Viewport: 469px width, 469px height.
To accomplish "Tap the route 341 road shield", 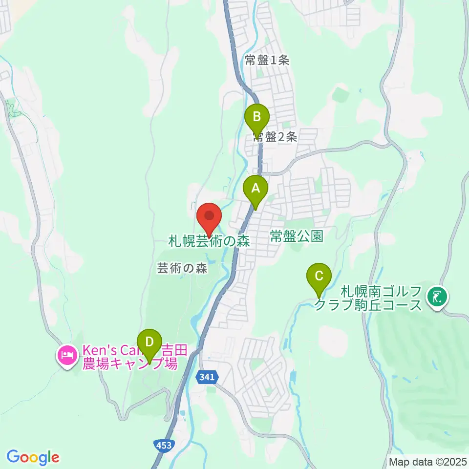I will coord(209,377).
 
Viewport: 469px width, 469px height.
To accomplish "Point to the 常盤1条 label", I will coord(267,61).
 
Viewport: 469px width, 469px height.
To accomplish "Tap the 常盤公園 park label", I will coord(297,237).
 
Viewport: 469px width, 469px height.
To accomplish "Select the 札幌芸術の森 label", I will coord(209,241).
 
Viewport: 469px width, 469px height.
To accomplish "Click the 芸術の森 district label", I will coord(182,268).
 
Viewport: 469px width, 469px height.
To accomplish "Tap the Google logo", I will coord(33,457).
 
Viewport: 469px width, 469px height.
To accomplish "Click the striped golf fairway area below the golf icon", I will coord(425,362).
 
